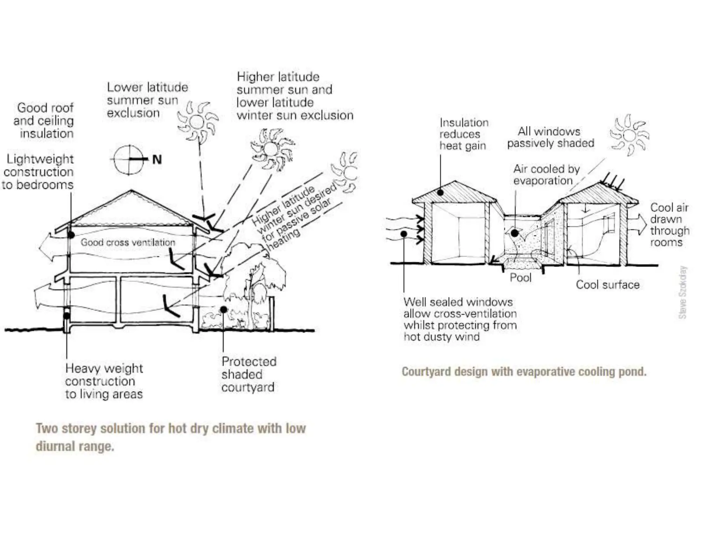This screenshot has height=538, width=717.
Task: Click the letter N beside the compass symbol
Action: point(157,160)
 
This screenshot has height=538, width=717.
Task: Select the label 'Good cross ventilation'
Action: point(128,242)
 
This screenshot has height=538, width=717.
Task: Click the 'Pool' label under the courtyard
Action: point(520,278)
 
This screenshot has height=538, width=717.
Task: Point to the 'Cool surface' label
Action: point(607,285)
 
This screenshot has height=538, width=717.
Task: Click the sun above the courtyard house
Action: point(629,135)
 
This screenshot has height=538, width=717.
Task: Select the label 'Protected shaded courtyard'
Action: point(249,374)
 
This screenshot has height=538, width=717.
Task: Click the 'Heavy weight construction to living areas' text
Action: point(104,381)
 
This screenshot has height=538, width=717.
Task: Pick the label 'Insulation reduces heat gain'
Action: point(463,134)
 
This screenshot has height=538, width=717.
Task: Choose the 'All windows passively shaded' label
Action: point(550,137)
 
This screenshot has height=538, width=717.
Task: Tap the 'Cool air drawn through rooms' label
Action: point(669,225)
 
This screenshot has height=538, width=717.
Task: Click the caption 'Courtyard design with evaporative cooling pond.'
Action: point(524,372)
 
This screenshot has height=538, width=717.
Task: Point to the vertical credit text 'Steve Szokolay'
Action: point(683,293)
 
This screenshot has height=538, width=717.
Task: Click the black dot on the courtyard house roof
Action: point(441,192)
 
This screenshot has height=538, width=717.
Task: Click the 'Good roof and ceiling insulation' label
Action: point(44,120)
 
